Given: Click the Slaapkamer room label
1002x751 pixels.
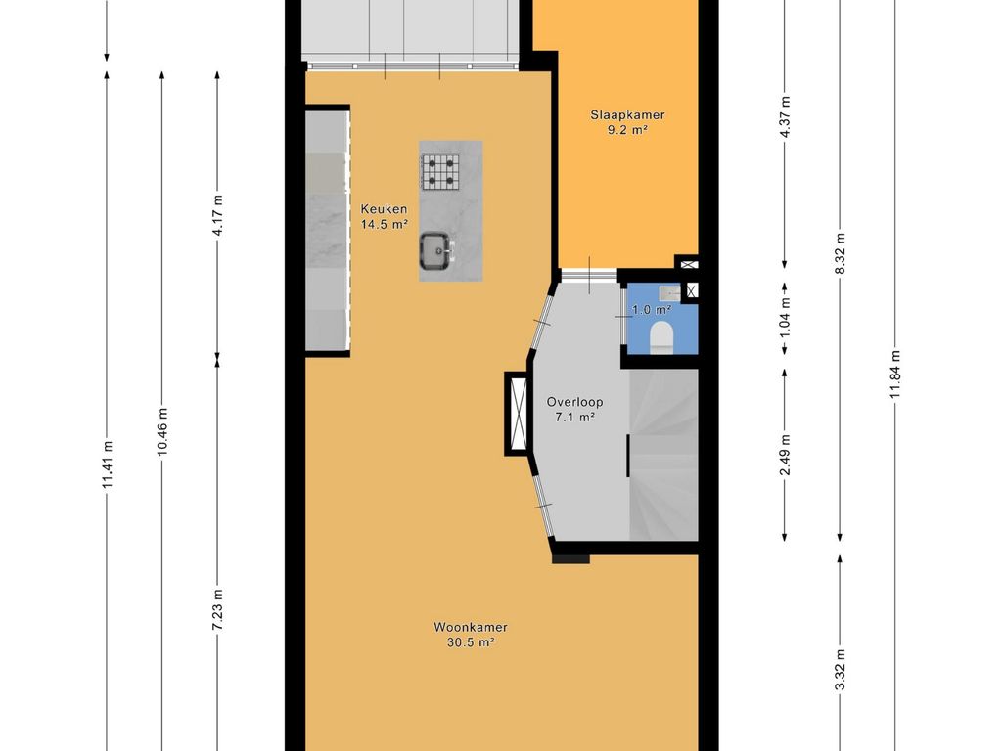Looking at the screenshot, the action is click(x=627, y=115).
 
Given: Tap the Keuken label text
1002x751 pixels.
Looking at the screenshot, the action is click(x=384, y=209).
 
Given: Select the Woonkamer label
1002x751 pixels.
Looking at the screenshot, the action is click(x=471, y=627).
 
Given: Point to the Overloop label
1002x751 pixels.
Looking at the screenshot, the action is click(x=574, y=402).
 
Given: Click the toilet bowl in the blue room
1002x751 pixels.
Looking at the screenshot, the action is click(x=660, y=336).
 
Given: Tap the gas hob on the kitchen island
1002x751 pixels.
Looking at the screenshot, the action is click(x=441, y=172).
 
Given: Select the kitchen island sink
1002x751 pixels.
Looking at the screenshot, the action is click(x=436, y=249).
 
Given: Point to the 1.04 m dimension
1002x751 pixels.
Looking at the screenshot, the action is click(x=786, y=318).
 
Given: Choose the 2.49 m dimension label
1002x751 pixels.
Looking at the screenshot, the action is click(x=786, y=454).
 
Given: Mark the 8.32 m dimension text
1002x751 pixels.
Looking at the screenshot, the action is click(x=841, y=253).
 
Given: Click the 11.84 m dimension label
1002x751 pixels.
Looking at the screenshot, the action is click(x=895, y=375).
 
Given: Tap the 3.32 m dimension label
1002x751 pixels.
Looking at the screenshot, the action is click(x=841, y=669).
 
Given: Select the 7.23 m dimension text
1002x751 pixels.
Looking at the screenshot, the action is click(x=217, y=609).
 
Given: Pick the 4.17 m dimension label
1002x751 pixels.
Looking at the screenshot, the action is click(x=217, y=214).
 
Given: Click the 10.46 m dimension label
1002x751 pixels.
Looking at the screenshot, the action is click(x=162, y=431).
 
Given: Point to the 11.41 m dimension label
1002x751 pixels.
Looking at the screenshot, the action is click(x=108, y=464).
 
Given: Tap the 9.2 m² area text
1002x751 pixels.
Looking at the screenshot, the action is click(x=627, y=130).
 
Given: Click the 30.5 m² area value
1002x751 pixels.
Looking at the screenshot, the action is click(x=471, y=642).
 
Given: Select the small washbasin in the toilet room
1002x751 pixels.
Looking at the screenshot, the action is click(x=670, y=293).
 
